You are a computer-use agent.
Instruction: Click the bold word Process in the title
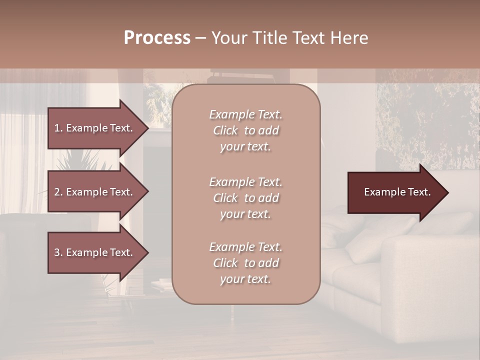click(157, 37)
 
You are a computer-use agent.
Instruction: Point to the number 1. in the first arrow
click(58, 128)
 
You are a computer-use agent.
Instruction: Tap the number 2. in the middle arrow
click(58, 192)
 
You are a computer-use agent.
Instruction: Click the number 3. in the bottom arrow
click(58, 252)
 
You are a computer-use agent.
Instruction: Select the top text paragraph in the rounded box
click(245, 130)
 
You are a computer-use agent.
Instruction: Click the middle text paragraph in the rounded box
click(245, 198)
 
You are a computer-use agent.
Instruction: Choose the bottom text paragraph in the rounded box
click(245, 263)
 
